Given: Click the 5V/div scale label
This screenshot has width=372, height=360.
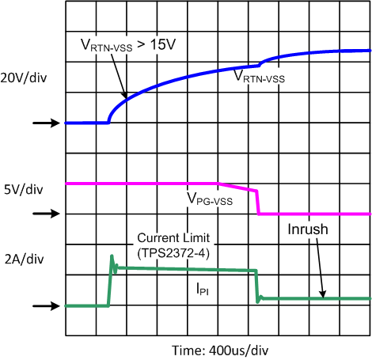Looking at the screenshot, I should (x=21, y=189).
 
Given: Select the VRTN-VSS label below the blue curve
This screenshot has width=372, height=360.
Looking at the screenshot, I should (x=259, y=78).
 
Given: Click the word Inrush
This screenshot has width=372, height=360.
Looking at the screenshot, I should (x=304, y=230).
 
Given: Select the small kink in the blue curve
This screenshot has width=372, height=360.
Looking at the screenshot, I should (x=260, y=63).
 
